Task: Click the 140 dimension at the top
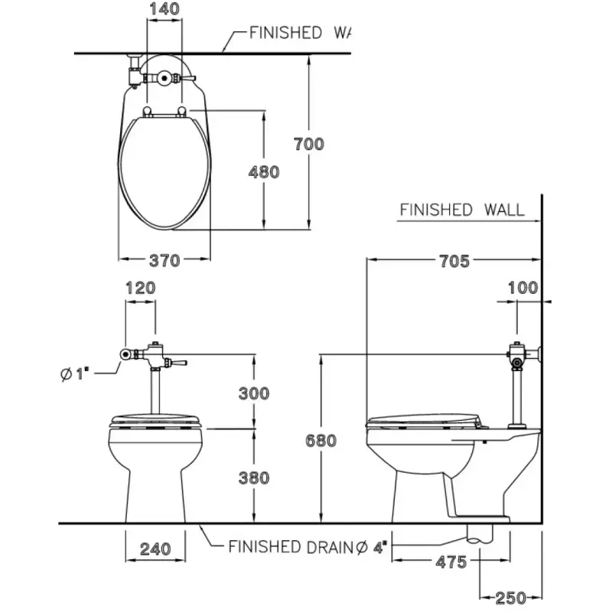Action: point(164,10)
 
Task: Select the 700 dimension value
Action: point(308,143)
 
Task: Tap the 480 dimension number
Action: point(264,172)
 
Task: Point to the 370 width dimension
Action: point(164,260)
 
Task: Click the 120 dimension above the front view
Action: point(140,288)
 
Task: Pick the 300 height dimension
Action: point(254,393)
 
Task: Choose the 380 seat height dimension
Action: point(254,478)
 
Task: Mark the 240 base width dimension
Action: point(155,548)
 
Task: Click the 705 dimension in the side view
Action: point(454,261)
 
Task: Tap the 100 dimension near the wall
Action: point(523,288)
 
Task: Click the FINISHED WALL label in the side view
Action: point(462,210)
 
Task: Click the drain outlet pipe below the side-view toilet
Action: point(480,534)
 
